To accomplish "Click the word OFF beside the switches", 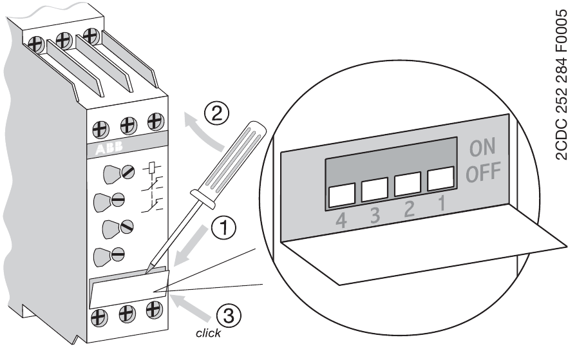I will pos(480,174).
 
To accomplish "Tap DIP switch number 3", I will pos(374,189).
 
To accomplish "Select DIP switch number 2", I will pos(408,184).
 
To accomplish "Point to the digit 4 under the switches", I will pos(340,221).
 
